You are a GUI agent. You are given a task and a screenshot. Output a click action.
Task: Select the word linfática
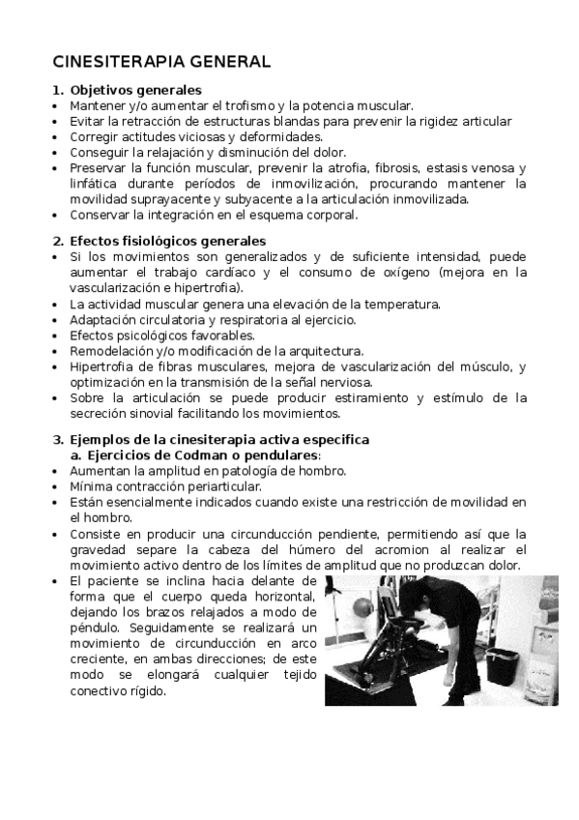(x=96, y=184)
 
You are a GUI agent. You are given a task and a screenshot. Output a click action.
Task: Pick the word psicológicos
(x=147, y=335)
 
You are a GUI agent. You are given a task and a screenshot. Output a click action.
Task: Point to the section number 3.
(x=57, y=439)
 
